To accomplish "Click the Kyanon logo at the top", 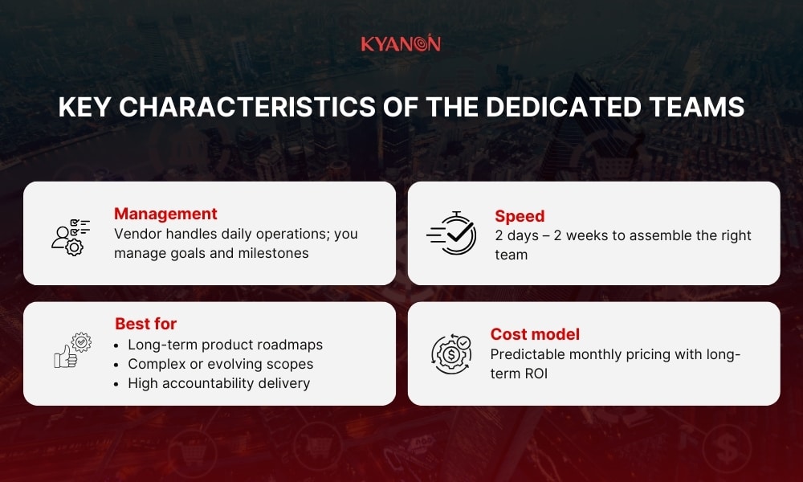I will click(x=401, y=43).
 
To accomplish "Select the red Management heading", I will click(x=165, y=214).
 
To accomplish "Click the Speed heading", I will click(x=520, y=215).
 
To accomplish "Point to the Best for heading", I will click(x=145, y=324).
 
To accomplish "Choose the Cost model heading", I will click(x=535, y=334).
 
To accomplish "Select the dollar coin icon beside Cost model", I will click(x=451, y=353).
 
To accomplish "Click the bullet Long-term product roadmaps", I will click(x=225, y=344).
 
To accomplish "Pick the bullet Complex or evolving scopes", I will click(x=220, y=364).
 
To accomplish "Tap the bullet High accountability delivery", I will click(x=218, y=383).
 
